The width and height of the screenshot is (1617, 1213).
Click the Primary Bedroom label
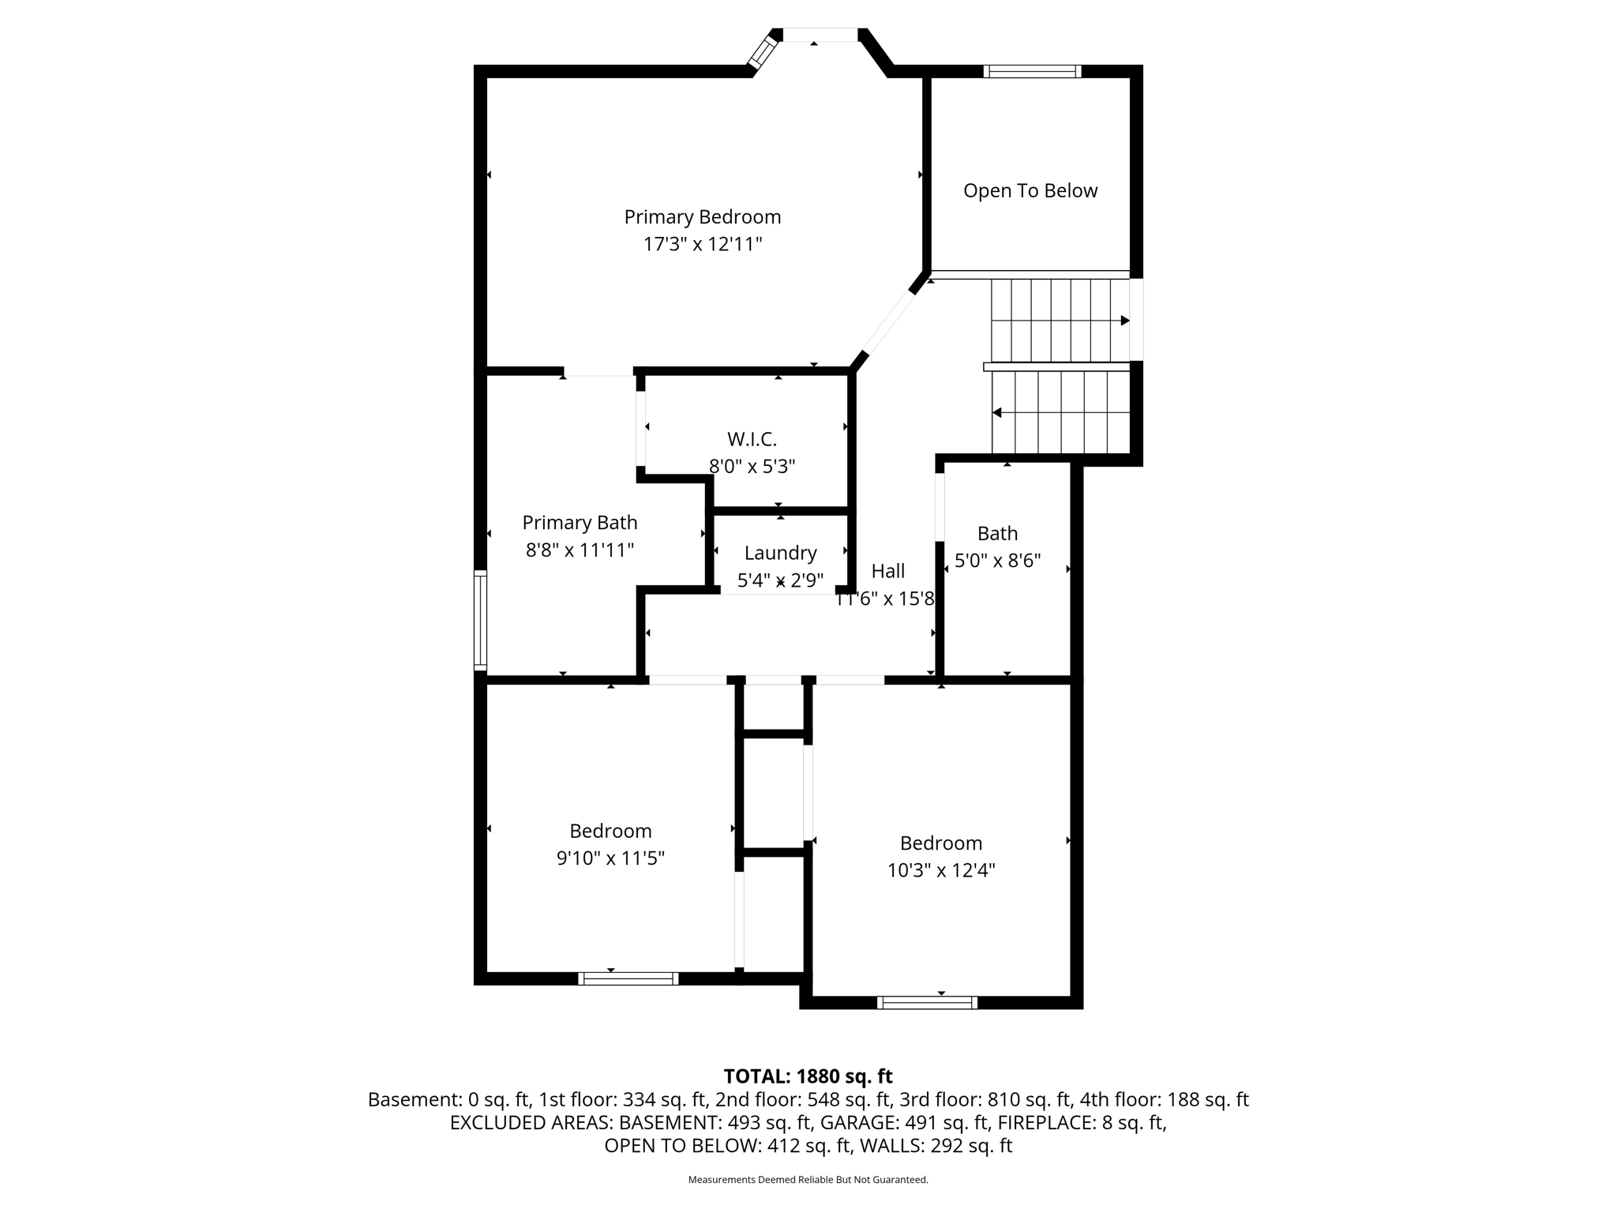702,216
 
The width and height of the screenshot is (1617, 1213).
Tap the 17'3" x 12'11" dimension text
702,244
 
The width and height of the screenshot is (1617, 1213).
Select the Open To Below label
1030,190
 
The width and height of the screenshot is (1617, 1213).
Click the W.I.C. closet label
752,439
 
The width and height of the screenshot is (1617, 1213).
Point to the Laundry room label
780,553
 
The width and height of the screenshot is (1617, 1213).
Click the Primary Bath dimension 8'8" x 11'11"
580,550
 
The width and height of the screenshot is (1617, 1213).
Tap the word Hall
888,571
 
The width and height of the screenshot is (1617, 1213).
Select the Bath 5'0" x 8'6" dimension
997,561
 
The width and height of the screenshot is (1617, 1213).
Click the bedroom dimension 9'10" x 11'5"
610,858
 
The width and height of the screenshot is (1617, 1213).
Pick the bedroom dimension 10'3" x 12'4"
940,870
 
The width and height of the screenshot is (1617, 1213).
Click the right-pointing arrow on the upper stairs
1124,321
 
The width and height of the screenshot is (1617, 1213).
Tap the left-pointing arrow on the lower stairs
997,412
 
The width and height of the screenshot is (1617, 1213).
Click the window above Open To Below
1032,71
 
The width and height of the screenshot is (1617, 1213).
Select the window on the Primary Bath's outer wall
480,620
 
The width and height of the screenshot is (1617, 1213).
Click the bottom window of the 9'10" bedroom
628,978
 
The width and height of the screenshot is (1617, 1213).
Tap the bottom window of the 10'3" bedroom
927,1003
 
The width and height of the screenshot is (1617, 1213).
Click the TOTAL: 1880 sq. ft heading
808,1076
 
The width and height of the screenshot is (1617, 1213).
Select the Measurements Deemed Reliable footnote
808,1180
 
